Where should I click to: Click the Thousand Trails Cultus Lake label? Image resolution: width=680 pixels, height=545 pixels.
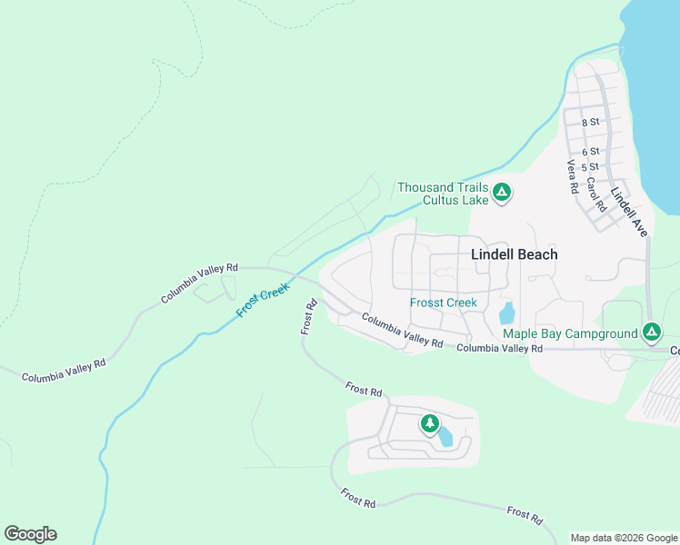point(443,193)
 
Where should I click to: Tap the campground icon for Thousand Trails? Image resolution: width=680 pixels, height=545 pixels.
point(502,192)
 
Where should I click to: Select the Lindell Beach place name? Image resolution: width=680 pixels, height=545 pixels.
point(514,255)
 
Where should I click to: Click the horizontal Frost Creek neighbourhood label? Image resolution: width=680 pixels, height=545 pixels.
point(444,302)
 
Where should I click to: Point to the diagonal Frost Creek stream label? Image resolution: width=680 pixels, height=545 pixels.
point(262,299)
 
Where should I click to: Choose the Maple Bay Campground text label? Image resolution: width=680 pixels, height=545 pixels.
point(570,333)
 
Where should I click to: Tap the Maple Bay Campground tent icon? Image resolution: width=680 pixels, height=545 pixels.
point(651,332)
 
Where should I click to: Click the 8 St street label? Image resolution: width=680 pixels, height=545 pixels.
point(591,121)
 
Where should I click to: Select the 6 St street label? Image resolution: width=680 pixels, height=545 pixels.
point(591,151)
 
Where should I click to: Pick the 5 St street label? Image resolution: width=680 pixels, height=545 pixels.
point(591,167)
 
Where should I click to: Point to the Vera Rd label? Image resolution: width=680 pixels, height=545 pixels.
point(573,177)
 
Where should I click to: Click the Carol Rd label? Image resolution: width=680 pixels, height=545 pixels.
point(596,193)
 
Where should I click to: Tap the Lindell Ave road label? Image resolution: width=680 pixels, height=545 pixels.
point(629,213)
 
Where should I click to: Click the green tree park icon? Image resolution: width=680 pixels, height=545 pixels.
point(429,423)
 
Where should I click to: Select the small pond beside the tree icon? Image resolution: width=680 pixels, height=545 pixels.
point(445,436)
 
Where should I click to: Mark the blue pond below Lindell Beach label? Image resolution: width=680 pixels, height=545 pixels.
point(505,312)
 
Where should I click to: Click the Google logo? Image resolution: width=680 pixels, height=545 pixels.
point(30,534)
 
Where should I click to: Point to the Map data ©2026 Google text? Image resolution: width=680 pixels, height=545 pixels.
point(624,538)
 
